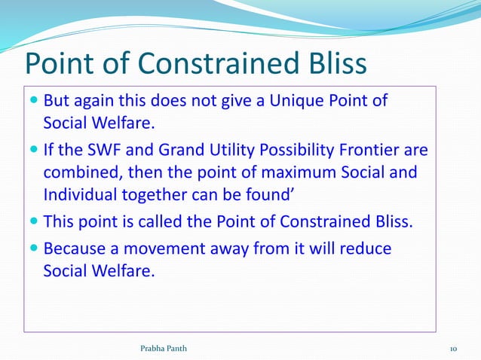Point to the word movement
pos(171,248)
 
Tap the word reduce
pos(366,248)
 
